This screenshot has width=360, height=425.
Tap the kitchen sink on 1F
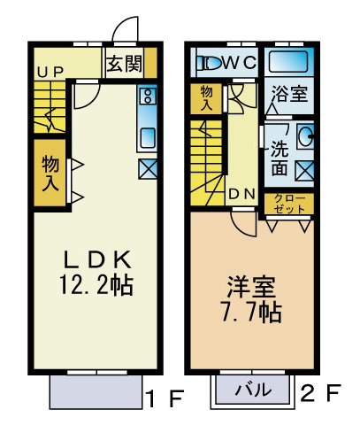(x=147, y=136)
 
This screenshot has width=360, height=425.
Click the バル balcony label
(x=252, y=390)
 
